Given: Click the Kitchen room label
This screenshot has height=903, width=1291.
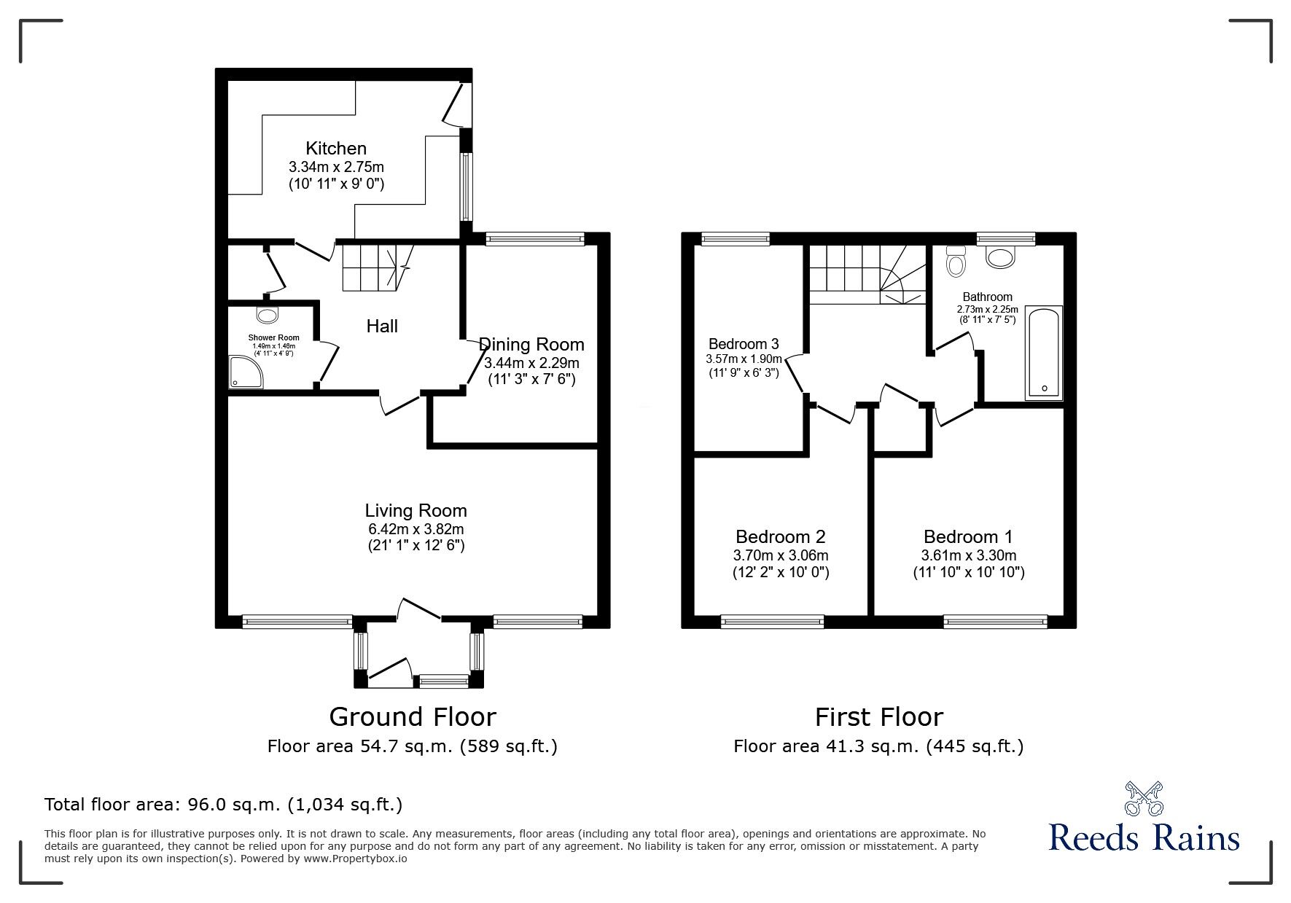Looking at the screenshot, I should [336, 149].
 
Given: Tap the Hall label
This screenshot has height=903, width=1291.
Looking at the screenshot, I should [382, 327].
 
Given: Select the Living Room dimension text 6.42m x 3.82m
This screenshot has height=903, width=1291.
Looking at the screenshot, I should [416, 529].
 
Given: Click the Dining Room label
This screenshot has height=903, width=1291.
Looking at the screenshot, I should [531, 344].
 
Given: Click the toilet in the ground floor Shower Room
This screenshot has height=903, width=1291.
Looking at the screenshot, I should [268, 315].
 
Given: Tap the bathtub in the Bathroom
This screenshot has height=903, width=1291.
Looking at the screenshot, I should [1043, 353].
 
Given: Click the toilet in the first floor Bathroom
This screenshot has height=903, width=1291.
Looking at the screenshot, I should [955, 262].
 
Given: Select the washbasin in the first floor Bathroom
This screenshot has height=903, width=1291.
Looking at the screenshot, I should [1000, 257].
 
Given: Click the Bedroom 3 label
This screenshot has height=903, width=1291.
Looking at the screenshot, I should [744, 344].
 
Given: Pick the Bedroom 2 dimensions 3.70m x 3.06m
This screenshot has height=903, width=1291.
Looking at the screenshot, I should [781, 555].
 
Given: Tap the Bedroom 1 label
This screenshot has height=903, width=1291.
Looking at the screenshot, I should [968, 537].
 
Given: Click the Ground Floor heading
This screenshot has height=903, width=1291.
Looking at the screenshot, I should [413, 717].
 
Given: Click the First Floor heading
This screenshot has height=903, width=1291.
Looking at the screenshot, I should [878, 717].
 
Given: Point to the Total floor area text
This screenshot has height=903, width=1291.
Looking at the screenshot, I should [223, 805].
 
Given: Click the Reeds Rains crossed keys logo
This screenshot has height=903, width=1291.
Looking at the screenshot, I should [1143, 798].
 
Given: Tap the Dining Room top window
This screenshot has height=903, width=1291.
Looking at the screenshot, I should [535, 238].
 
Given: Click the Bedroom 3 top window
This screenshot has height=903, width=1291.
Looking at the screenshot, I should [735, 238].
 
